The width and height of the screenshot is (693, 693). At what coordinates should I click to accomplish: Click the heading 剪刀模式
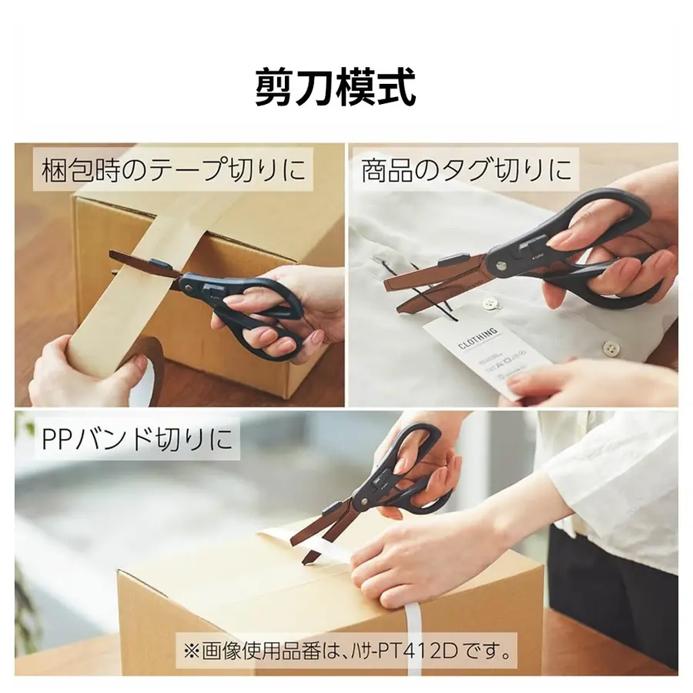(x=336, y=87)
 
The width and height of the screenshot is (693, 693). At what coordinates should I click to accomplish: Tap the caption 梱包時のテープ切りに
(x=173, y=169)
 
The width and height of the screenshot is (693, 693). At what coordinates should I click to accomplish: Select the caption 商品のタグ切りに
(x=466, y=170)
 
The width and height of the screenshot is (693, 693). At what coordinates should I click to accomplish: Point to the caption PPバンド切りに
(x=137, y=438)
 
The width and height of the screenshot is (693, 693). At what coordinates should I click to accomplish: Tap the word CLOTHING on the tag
(x=477, y=339)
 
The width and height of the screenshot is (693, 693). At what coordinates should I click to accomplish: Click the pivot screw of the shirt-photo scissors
(x=501, y=266)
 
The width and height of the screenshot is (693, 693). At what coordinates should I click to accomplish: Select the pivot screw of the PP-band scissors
(x=363, y=500)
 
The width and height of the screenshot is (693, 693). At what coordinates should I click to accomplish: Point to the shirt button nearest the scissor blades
(x=489, y=303)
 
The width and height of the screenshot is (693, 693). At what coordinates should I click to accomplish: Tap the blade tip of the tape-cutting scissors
(x=110, y=253)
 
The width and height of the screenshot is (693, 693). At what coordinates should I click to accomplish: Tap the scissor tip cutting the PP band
(x=305, y=562)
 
